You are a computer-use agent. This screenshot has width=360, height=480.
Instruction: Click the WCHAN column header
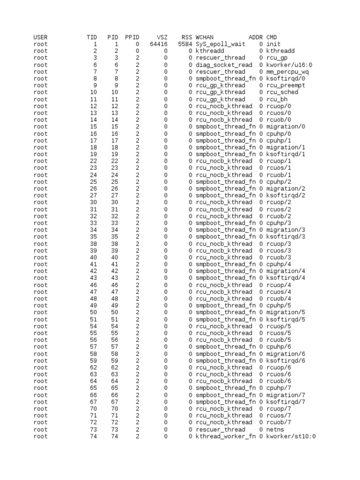204,37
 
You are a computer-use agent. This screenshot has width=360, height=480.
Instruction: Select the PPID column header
132,37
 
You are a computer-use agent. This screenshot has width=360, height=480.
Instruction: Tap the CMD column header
271,37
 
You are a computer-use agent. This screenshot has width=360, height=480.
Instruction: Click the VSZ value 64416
158,44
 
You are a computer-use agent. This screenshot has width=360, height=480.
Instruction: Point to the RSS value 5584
185,44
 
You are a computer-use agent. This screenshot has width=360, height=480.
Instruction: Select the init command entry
273,44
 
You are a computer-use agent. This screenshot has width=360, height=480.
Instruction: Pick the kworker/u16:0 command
289,65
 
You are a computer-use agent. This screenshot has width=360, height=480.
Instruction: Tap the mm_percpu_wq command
287,72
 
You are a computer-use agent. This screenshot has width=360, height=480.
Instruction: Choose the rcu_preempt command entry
285,85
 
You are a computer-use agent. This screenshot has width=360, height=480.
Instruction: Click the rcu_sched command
282,92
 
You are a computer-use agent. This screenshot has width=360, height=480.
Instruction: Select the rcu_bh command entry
277,99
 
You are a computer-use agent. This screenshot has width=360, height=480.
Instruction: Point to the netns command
275,429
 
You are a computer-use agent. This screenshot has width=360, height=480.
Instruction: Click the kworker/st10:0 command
291,436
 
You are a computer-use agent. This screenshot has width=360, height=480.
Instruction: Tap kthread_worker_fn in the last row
225,436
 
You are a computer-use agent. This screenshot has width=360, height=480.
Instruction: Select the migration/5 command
285,312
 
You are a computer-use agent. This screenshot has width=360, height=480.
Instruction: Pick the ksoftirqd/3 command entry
285,237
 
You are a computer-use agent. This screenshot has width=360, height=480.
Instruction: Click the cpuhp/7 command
278,388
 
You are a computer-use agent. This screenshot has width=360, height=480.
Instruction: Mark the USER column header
40,37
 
